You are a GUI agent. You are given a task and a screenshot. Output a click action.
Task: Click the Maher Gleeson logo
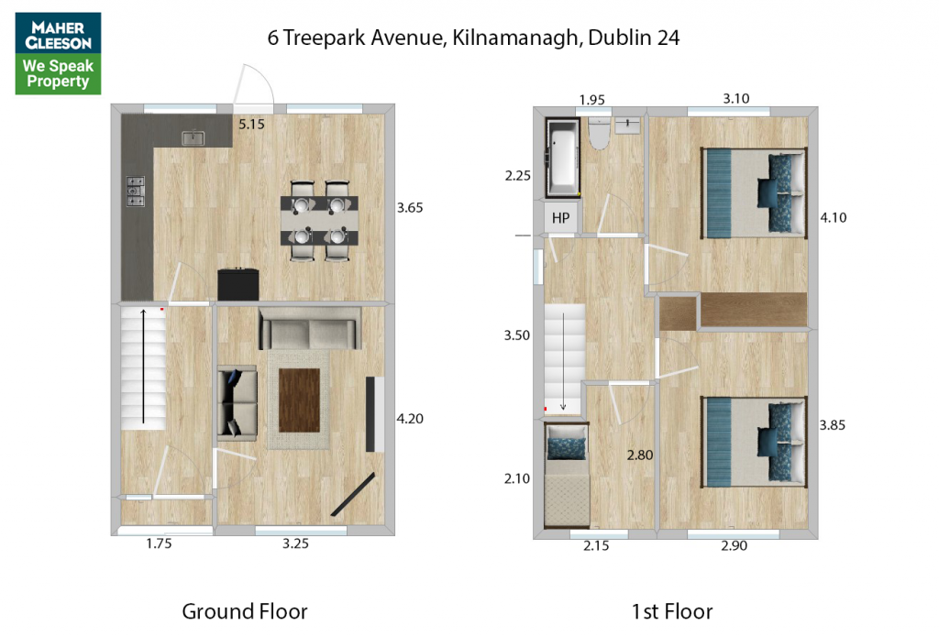click(58, 53)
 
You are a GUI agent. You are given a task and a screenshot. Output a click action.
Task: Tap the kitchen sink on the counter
click(193, 138)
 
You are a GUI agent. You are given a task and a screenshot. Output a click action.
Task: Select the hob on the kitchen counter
click(136, 192)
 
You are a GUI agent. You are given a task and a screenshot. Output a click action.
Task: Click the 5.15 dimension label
click(251, 125)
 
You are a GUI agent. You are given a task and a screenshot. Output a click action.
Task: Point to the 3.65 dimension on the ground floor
click(410, 208)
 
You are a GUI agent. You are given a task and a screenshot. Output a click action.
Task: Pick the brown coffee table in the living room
click(300, 400)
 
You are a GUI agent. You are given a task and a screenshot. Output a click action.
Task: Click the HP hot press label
click(560, 218)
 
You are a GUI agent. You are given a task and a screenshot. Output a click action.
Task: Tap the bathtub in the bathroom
click(563, 158)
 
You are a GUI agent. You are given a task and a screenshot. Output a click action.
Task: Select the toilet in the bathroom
click(599, 132)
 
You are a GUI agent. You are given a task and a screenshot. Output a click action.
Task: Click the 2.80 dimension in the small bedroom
click(639, 455)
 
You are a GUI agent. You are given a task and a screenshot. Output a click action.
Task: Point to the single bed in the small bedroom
click(567, 475)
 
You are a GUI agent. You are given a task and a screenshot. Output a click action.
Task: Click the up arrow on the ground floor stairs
click(143, 367)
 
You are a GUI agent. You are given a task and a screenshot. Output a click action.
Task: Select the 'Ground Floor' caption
click(244, 611)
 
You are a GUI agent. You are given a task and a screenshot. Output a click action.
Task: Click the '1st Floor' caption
click(672, 611)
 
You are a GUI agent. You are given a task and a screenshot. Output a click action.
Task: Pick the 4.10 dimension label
click(833, 218)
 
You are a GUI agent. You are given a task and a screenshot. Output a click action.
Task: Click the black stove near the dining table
click(238, 284)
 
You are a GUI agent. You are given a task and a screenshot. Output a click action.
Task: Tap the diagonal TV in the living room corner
click(353, 494)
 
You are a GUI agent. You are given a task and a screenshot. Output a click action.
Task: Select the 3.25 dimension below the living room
click(296, 543)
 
